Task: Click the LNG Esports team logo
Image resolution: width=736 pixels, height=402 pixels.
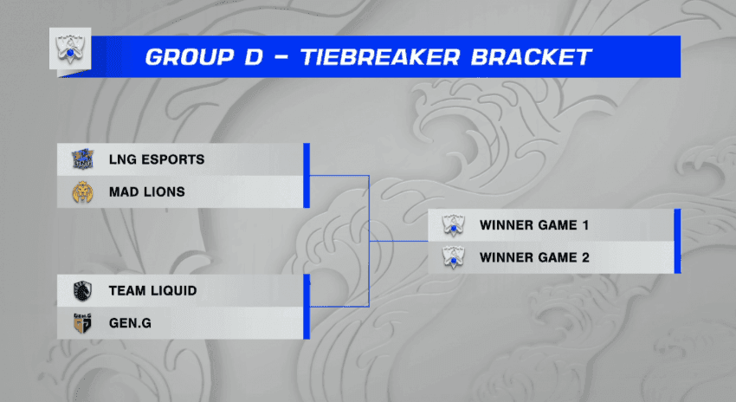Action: point(82,159)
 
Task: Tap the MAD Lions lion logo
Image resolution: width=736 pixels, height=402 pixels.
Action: point(82,192)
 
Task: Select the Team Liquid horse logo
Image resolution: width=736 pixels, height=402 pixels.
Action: point(82,291)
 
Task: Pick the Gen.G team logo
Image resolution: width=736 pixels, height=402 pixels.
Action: point(82,323)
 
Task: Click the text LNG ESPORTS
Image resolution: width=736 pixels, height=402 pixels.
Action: point(157,159)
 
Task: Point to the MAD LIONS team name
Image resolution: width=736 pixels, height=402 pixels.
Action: point(147,192)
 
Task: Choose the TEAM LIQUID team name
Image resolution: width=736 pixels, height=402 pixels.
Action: point(153,291)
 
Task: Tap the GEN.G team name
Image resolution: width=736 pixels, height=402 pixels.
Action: point(130,323)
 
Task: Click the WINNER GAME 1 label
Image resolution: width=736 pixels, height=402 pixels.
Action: point(534,225)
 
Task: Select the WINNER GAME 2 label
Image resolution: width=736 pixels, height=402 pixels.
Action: point(534,258)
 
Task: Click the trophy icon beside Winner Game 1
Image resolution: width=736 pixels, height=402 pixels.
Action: point(454,225)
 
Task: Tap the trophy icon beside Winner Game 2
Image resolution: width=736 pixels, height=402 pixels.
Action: point(454,258)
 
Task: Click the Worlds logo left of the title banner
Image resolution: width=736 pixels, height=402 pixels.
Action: point(70,49)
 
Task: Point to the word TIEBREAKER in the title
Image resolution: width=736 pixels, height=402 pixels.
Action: point(380,57)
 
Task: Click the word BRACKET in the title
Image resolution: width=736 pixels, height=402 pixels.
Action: point(531,57)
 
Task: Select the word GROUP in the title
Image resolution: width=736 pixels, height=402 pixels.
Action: point(190,57)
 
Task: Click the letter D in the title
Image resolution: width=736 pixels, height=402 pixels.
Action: point(254,57)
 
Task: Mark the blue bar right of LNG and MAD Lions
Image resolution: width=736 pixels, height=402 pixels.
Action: point(307,176)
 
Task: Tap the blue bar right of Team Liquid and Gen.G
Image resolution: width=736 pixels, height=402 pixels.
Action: point(307,307)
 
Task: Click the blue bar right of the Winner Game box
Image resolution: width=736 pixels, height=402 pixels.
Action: point(677,242)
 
